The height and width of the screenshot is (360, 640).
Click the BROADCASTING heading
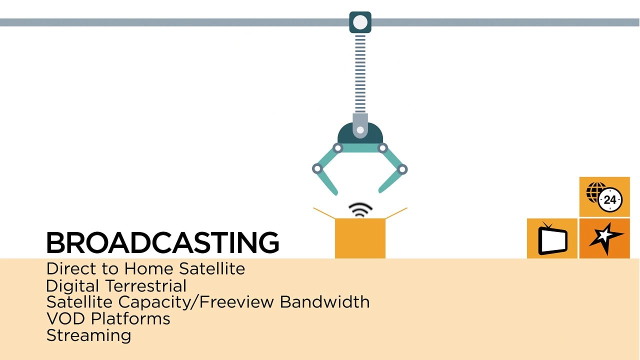pyautogui.click(x=162, y=242)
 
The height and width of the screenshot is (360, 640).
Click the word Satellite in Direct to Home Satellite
pyautogui.click(x=212, y=268)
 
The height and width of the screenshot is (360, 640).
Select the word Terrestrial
pyautogui.click(x=146, y=285)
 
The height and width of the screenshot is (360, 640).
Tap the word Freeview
pyautogui.click(x=236, y=301)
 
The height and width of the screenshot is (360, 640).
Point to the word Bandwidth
pyautogui.click(x=325, y=301)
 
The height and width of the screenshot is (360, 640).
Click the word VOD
pyautogui.click(x=65, y=318)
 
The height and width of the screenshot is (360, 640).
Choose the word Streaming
pyautogui.click(x=88, y=335)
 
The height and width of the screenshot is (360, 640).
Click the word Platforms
pyautogui.click(x=130, y=319)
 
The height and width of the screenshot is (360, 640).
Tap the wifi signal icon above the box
pyautogui.click(x=360, y=210)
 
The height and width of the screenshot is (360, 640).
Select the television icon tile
pyautogui.click(x=552, y=238)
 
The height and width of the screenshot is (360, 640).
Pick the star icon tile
pyautogui.click(x=604, y=238)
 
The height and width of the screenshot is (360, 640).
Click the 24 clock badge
pyautogui.click(x=610, y=199)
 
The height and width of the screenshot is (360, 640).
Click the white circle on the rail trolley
pyautogui.click(x=360, y=22)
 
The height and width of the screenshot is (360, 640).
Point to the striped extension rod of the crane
pyautogui.click(x=360, y=73)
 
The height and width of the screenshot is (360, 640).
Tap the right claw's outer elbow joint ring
pyautogui.click(x=402, y=169)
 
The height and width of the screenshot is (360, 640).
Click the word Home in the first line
pyautogui.click(x=148, y=268)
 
